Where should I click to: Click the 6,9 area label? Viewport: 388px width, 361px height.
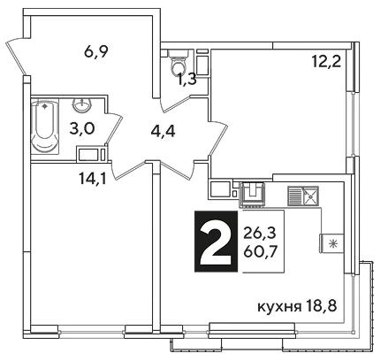coord(96,53)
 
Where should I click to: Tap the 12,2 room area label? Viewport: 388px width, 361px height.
coord(326,62)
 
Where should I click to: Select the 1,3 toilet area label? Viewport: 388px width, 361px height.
coord(186,80)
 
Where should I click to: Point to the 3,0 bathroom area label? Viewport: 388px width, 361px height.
coord(82,129)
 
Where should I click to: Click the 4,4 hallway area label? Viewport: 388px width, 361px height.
coord(163,132)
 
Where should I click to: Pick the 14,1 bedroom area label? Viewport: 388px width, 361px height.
coord(92,178)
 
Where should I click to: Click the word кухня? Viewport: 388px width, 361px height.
coord(279,307)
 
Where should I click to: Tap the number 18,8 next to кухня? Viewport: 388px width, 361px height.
coord(321,307)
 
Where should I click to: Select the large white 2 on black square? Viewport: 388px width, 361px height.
coord(216,242)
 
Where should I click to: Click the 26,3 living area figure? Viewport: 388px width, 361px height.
coord(260,234)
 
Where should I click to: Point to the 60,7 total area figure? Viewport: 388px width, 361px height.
coord(260,252)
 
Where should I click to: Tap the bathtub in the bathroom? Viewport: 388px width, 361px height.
coord(45,127)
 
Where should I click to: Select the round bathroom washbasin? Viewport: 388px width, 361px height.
coord(82,105)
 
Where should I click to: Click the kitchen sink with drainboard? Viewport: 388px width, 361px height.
coord(303,196)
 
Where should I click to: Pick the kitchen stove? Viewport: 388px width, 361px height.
coord(253,194)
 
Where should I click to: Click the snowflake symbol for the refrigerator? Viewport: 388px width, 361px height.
coord(333,243)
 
